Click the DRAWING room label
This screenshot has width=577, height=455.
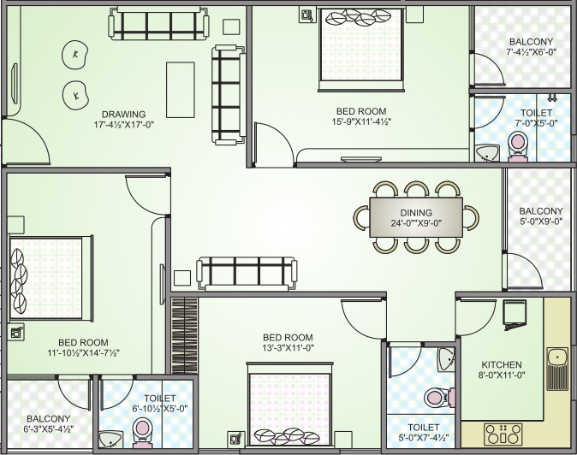[x=123, y=114]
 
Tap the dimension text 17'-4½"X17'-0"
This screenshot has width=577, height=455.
[x=123, y=125]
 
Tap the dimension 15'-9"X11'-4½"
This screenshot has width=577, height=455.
[x=360, y=122]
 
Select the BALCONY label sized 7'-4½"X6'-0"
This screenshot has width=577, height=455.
[x=531, y=42]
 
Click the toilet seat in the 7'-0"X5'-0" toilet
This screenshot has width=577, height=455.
[x=518, y=151]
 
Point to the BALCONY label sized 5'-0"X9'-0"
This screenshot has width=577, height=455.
[x=541, y=211]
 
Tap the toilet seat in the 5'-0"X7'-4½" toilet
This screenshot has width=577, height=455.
[x=435, y=399]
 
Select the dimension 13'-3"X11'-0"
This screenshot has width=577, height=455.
[x=288, y=348]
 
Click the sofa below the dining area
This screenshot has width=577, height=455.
[x=247, y=273]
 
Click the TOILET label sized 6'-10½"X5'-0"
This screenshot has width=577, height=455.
[x=160, y=399]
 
